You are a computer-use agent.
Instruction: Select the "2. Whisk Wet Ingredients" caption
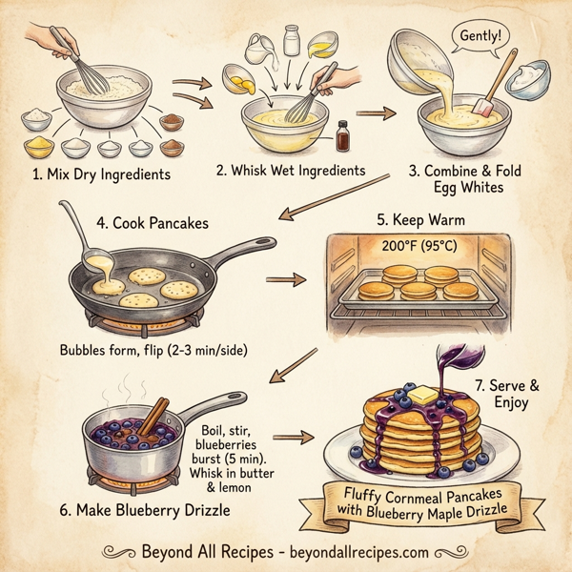point(291,170)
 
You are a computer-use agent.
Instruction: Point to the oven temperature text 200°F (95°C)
point(420,245)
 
